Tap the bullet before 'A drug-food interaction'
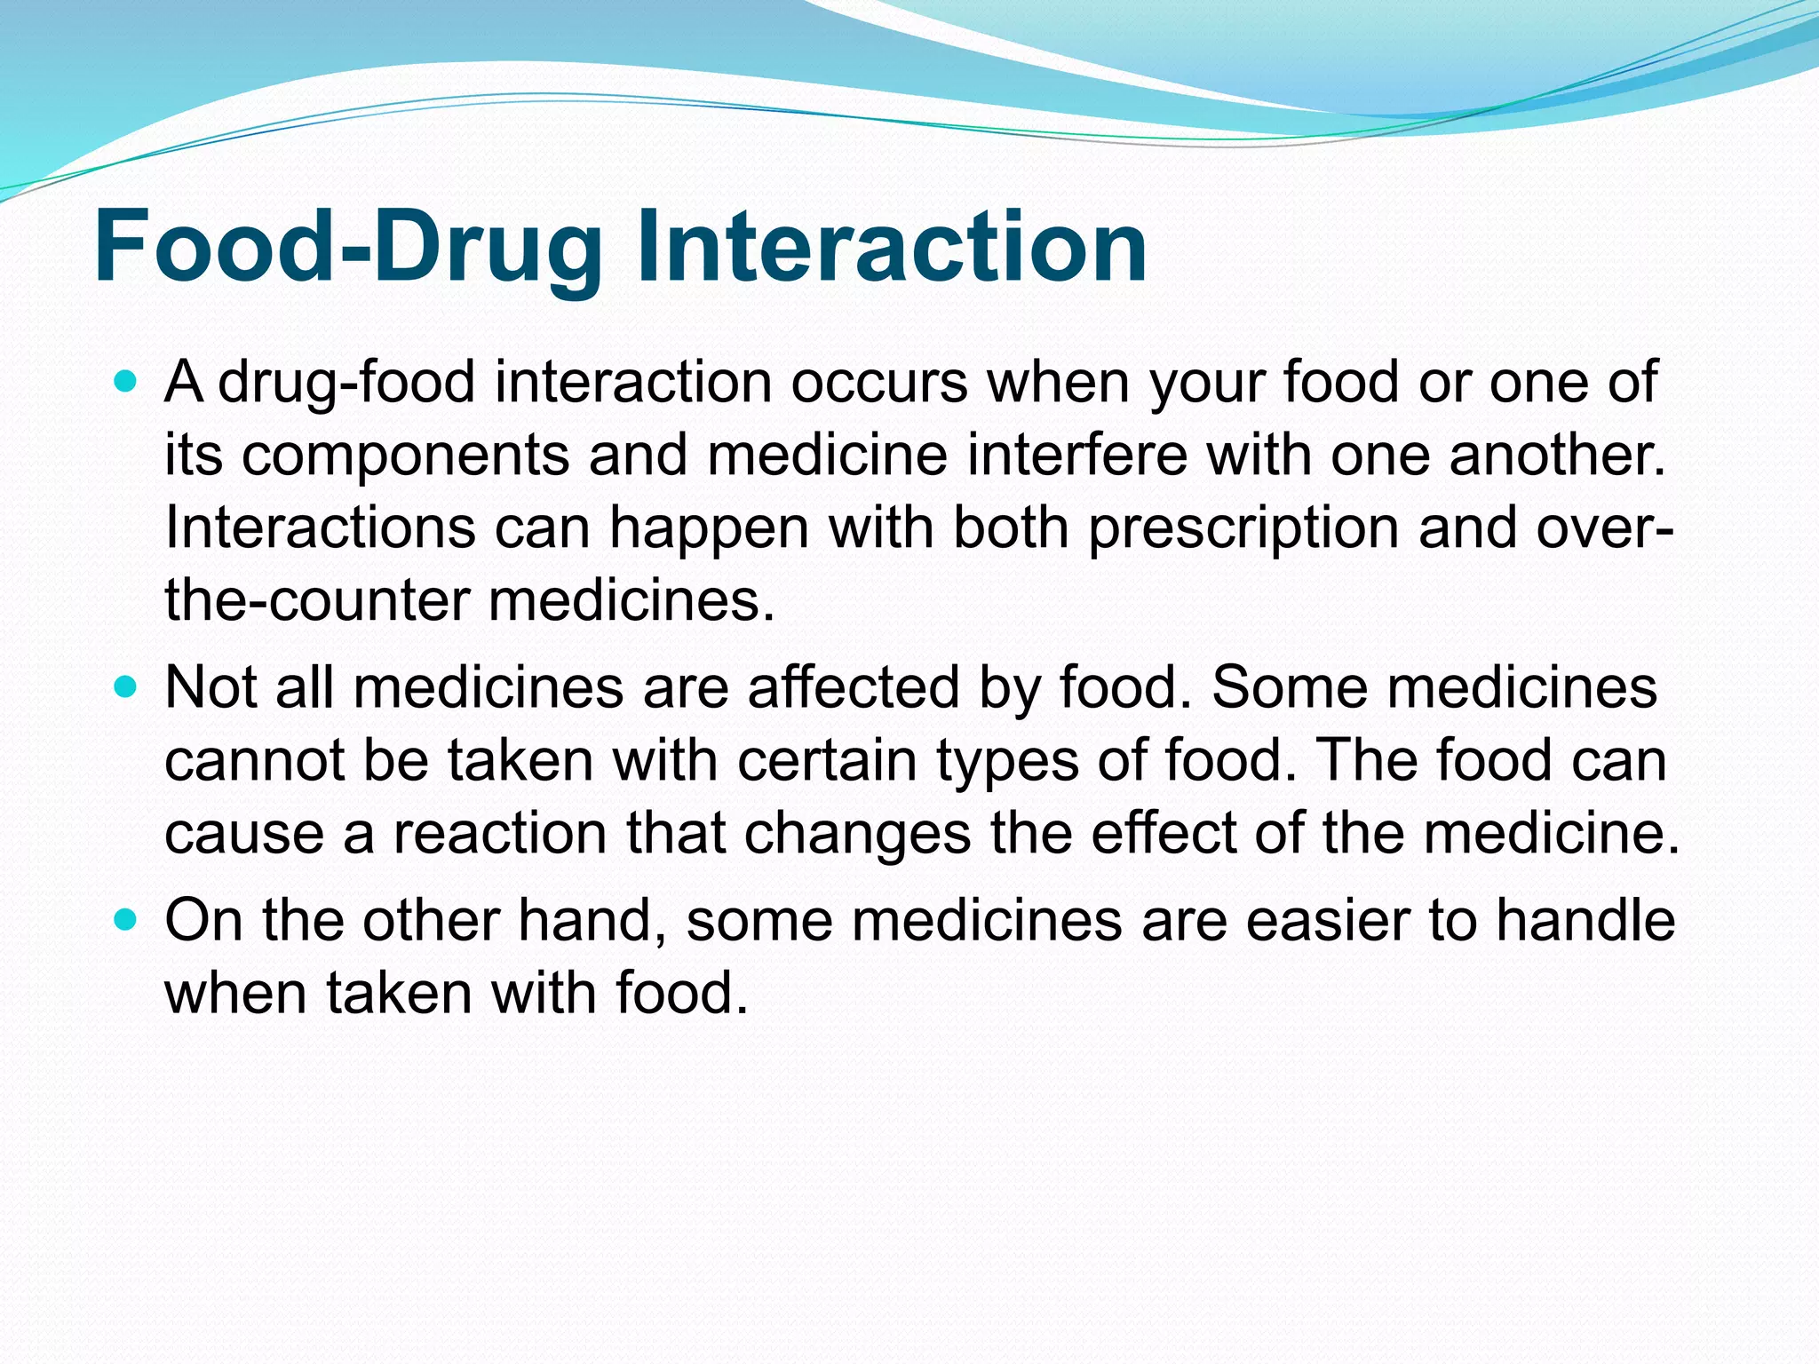127,383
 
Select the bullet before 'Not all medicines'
127,687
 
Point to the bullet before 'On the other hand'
127,920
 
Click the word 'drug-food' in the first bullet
346,384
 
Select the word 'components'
404,456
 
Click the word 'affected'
854,688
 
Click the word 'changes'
857,834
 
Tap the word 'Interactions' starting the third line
320,528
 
